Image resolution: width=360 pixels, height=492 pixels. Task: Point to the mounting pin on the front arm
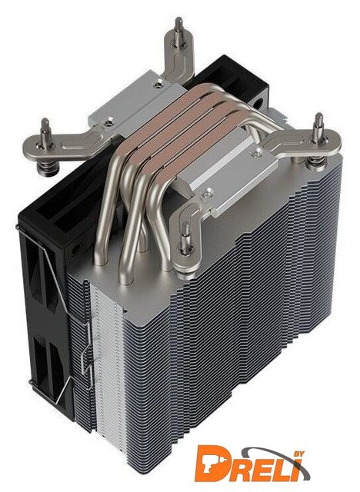[x=186, y=239]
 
